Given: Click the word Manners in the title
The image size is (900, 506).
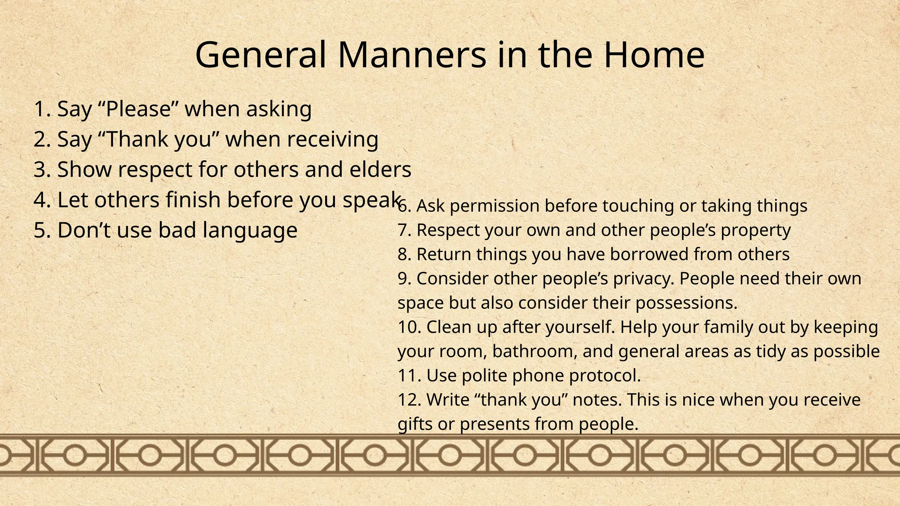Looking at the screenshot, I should point(412,55).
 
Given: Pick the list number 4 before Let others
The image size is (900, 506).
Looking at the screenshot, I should point(40,200).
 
